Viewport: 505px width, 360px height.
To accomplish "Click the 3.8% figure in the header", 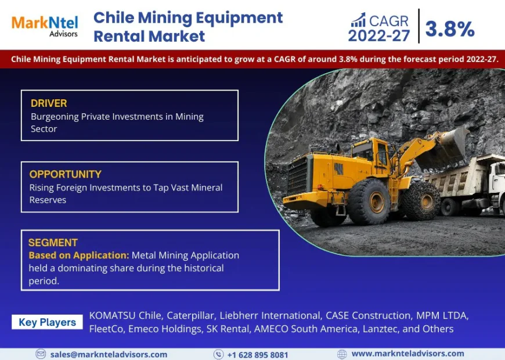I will point(450,28).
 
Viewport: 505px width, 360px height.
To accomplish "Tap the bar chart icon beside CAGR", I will point(358,21).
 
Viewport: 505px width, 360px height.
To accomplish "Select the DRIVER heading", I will point(49,103).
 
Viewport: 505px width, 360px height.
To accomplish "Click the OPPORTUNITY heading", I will point(66,174).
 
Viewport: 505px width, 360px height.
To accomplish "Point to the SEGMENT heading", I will point(53,243).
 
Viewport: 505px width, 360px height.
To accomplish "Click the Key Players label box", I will point(47,322).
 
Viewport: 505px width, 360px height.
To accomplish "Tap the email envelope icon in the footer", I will point(41,354).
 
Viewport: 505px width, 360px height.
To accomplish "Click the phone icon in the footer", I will point(218,354).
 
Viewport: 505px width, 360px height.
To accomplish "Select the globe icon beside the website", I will point(342,354).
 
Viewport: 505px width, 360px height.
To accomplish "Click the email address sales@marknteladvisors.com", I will point(109,354).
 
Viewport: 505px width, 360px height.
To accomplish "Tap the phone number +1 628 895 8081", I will point(257,354).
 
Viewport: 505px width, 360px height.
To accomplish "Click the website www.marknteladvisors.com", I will point(407,354).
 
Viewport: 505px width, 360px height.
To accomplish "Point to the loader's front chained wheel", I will point(422,201).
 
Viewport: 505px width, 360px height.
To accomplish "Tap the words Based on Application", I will point(78,255).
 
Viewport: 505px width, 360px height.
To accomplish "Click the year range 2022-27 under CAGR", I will point(379,35).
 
